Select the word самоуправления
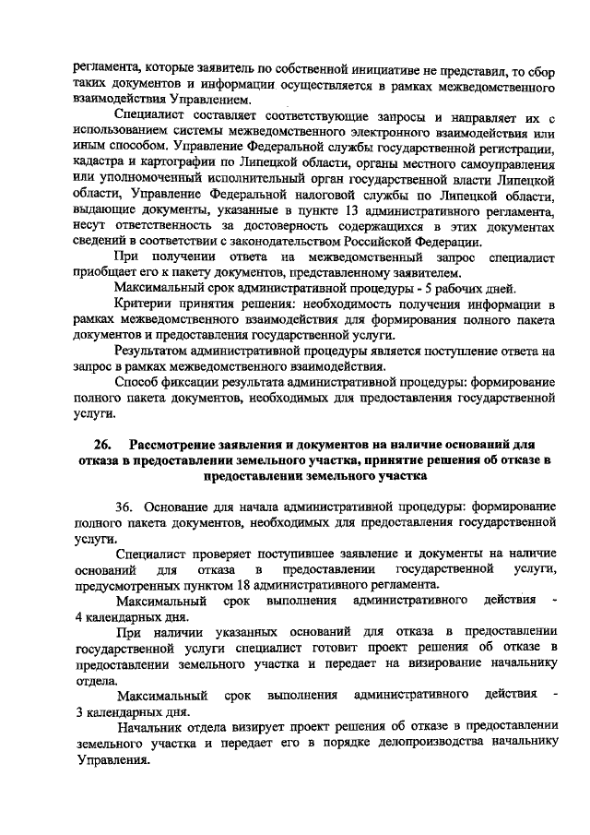[498, 161]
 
